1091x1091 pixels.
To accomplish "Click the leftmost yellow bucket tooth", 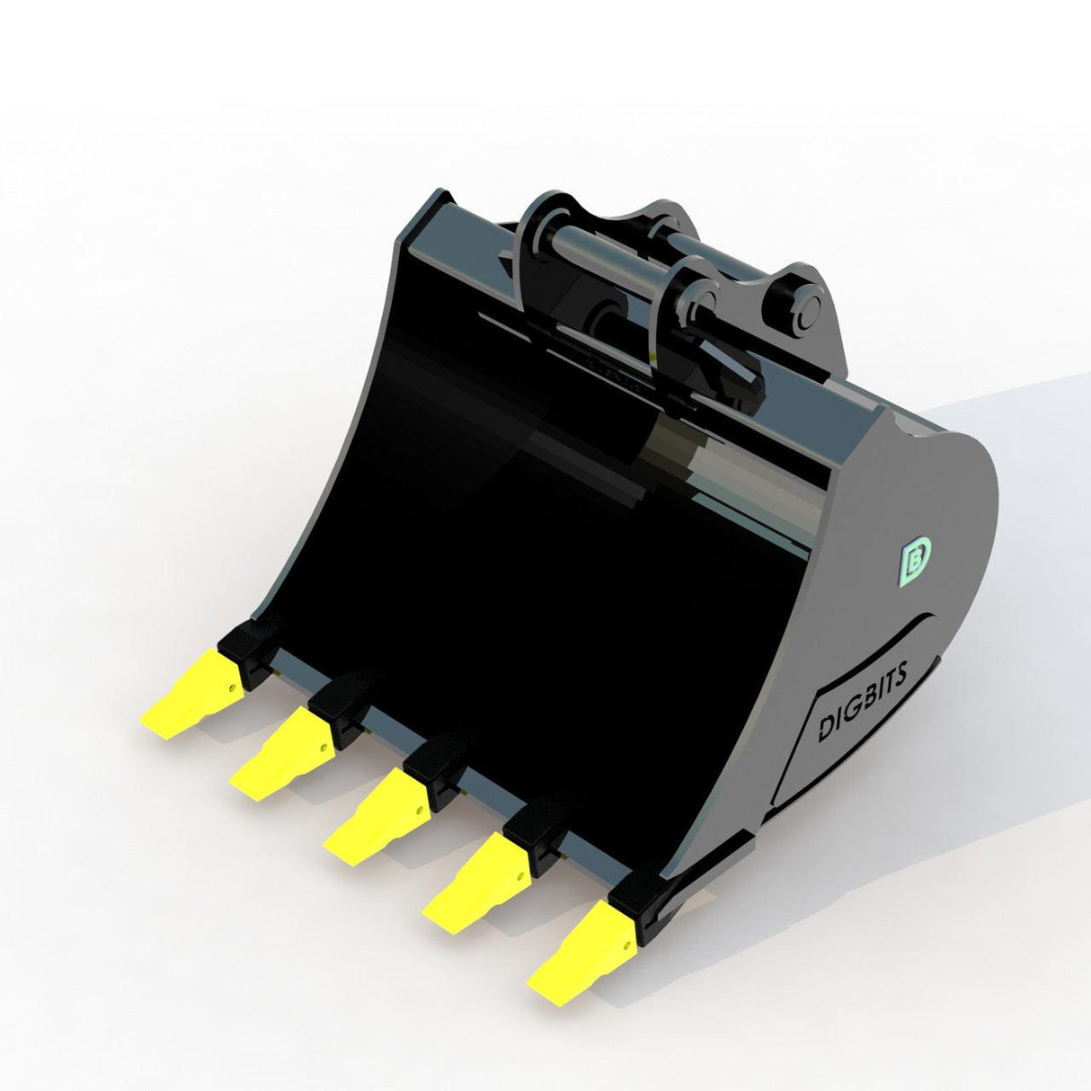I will (190, 692).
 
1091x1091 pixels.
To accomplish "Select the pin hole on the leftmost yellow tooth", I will (233, 687).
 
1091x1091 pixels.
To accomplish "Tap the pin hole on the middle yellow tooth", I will (417, 810).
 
